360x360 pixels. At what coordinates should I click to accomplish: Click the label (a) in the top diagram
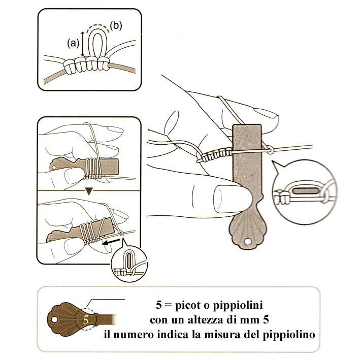point(73,43)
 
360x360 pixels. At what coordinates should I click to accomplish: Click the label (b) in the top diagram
point(116,26)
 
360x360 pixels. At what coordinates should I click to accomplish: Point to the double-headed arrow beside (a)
point(83,44)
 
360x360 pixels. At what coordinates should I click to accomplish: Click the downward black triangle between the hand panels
point(89,191)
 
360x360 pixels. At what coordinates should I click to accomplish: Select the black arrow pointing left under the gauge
point(111,242)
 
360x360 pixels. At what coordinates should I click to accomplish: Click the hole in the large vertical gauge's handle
point(247,241)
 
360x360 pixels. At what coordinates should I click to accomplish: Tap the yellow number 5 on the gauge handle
point(86,320)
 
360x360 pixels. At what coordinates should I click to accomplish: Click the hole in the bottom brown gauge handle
point(54,319)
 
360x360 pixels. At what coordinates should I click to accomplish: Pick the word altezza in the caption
point(205,320)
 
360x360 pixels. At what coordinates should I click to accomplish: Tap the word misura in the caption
point(221,334)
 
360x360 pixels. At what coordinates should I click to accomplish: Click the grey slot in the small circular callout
point(129,261)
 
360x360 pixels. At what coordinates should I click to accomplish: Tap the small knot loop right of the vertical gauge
point(270,150)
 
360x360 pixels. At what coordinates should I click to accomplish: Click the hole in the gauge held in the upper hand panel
point(54,168)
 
